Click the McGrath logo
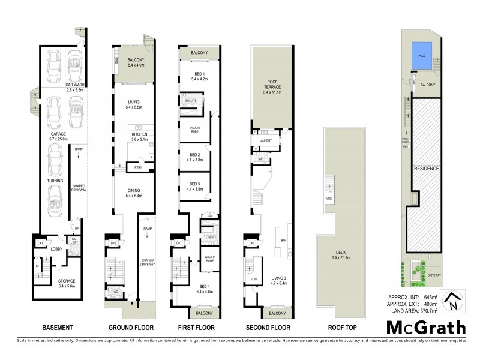pos(425,328)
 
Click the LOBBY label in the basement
pos(56,248)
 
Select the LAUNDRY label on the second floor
pos(266,142)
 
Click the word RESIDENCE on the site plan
pos(427,169)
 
